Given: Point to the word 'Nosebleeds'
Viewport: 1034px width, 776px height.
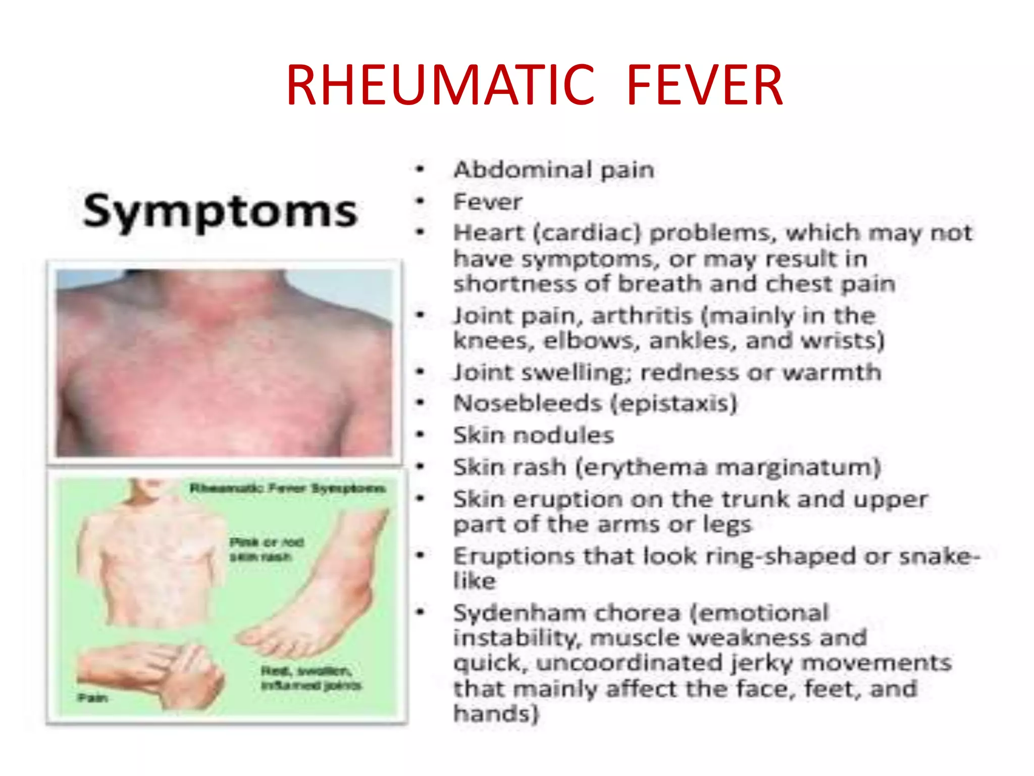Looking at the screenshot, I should pyautogui.click(x=528, y=404).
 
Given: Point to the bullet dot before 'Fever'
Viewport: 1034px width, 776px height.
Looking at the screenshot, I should pyautogui.click(x=420, y=202).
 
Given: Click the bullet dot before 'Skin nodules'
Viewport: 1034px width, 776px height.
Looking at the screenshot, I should pyautogui.click(x=420, y=434).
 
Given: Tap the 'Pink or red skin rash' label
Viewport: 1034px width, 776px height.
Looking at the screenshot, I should pyautogui.click(x=267, y=549).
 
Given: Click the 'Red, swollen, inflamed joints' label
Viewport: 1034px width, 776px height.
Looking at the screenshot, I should pyautogui.click(x=311, y=678).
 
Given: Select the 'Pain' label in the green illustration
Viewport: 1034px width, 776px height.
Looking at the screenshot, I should pyautogui.click(x=93, y=698).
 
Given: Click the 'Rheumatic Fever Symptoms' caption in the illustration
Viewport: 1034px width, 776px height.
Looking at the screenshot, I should pyautogui.click(x=287, y=489).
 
